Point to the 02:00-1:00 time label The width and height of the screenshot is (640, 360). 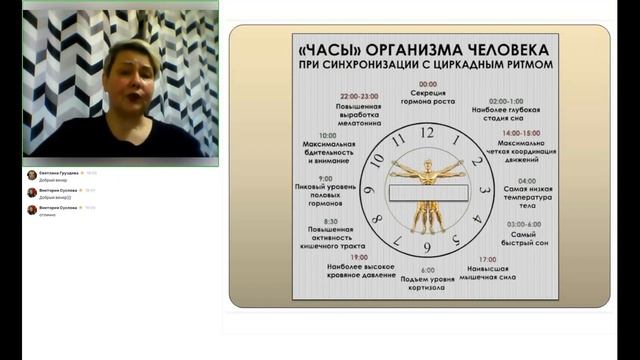pos(506,101)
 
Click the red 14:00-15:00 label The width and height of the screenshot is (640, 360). pos(520,132)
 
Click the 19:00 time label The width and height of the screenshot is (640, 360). pos(359,257)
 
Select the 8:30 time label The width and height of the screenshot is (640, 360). pos(330,221)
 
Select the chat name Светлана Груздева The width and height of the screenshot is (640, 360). pos(57,173)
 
